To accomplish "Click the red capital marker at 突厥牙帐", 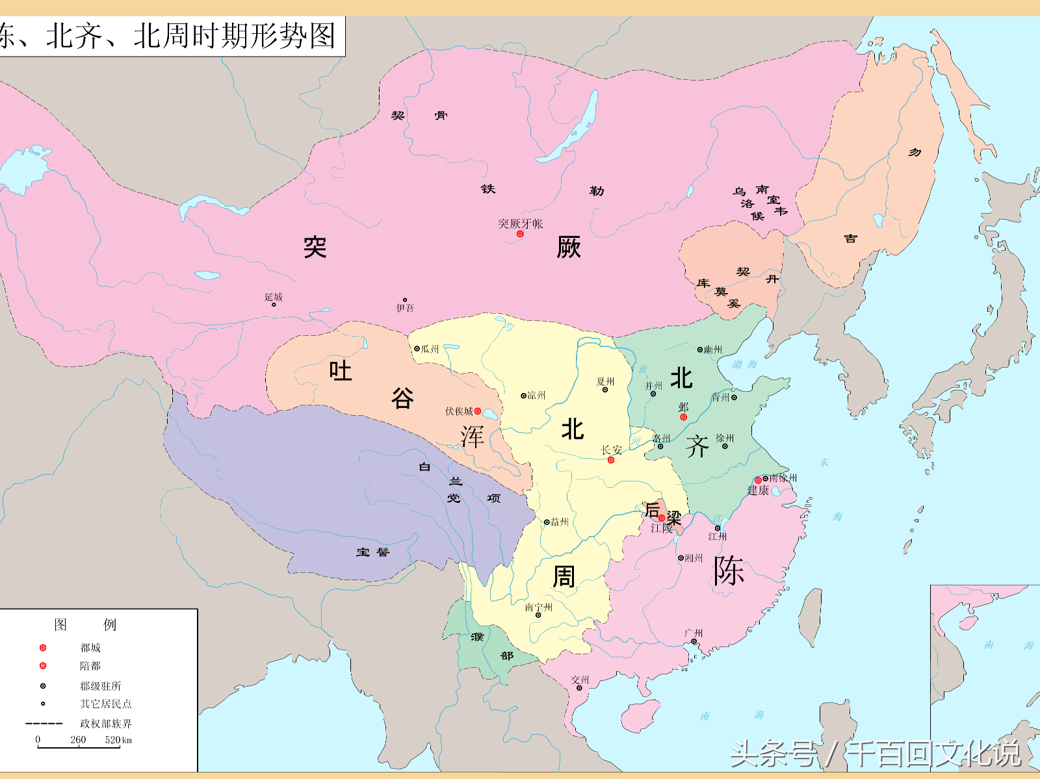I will point(520,234).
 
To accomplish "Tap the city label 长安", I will point(611,450).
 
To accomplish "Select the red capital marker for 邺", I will point(683,417).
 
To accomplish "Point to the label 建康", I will point(758,491).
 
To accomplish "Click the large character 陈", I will point(728,572).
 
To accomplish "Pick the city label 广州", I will point(694,633).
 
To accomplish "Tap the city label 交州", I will point(580,680).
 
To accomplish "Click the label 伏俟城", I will point(459,411).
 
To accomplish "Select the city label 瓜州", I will point(430,349).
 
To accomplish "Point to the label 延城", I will point(274,297).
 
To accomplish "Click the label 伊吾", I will point(405,308).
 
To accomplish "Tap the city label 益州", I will point(559,522).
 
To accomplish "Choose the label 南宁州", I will point(538,607).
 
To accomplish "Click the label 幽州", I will point(713,350).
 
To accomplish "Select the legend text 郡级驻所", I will point(100,686).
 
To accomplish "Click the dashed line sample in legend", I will point(44,723).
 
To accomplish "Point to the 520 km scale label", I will point(118,739).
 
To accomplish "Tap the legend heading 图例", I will point(84,624).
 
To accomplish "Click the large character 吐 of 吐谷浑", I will point(340,370).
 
